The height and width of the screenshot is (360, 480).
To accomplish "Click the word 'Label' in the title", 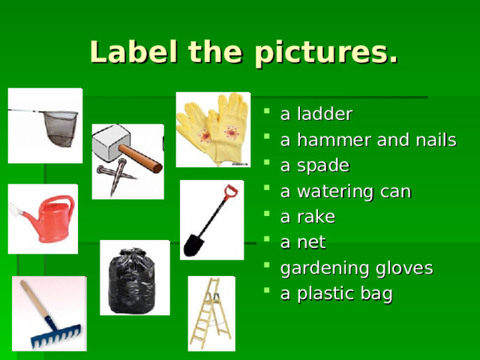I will [132, 52].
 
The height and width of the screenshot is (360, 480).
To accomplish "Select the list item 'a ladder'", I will [316, 114].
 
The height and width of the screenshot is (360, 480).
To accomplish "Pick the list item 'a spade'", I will [314, 166].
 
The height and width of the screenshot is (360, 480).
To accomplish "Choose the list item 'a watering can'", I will [345, 191].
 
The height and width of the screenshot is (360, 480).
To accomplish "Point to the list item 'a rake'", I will [307, 217].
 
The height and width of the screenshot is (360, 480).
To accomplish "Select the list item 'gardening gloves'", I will [356, 268].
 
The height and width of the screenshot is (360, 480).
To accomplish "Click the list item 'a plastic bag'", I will [336, 293].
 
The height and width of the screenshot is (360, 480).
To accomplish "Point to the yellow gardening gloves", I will [212, 128].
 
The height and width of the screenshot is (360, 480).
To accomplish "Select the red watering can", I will [46, 218].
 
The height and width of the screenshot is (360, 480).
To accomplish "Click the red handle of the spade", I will [230, 192].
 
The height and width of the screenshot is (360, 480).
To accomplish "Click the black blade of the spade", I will [194, 244].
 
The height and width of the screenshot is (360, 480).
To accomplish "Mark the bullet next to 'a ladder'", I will [268, 115].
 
